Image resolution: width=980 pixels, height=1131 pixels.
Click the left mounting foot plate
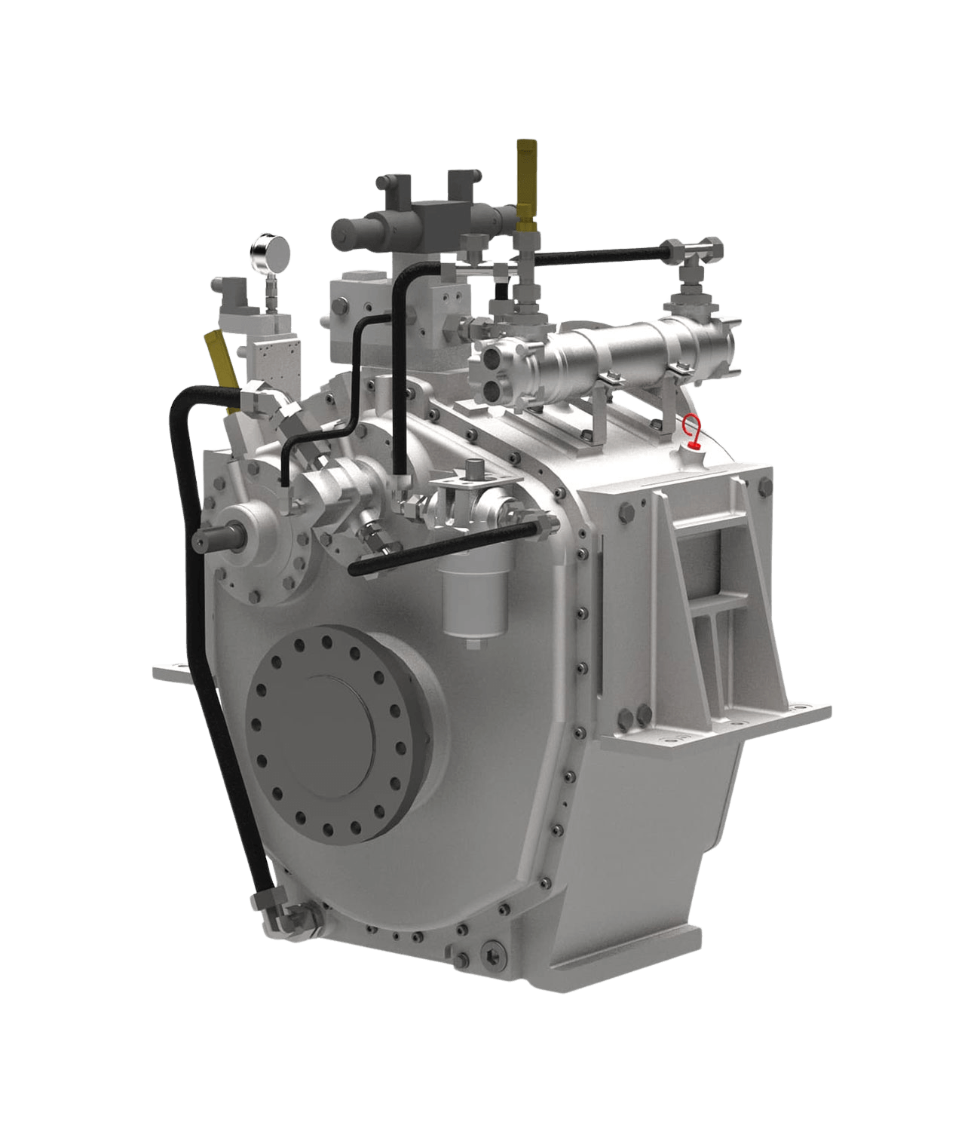(x=170, y=670)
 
